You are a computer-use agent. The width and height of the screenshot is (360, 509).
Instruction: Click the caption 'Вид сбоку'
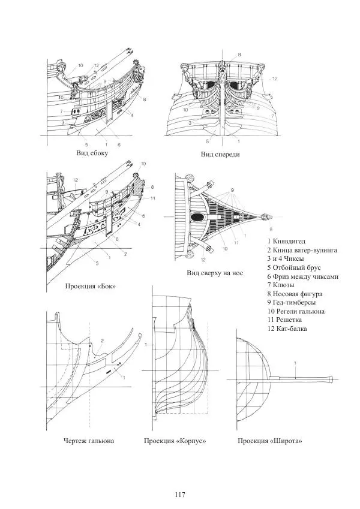pos(92,153)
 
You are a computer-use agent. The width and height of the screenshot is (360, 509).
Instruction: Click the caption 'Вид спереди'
pos(220,155)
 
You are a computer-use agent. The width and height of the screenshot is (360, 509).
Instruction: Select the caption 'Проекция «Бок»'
pos(91,287)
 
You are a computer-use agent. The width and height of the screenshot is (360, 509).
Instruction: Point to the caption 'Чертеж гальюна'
pos(89,441)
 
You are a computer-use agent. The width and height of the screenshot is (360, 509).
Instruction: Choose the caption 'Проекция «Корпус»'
pos(175,441)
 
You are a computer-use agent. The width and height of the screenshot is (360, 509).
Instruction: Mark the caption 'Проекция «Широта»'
pos(269,441)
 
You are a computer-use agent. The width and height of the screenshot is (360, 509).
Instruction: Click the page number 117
pos(179,495)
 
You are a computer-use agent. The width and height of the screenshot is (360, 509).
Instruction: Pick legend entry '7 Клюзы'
pos(282,285)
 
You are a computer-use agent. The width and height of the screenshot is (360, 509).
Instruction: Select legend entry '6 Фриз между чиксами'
pos(303,276)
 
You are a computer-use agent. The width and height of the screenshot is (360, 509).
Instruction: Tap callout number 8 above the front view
pos(239,55)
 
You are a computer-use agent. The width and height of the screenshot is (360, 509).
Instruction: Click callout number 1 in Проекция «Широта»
pos(296,363)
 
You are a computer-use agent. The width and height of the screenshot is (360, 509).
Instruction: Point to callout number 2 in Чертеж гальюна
pos(103,341)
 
